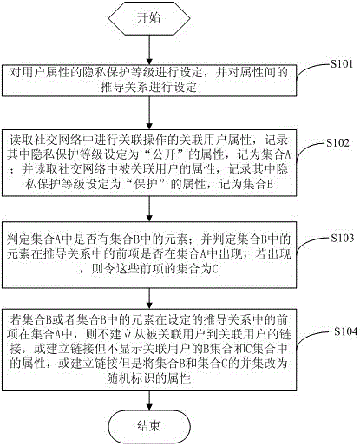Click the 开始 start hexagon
click(x=149, y=18)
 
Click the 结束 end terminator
click(x=149, y=426)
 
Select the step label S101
click(x=342, y=64)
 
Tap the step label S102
click(x=337, y=143)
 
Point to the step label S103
click(x=343, y=238)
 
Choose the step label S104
click(x=346, y=331)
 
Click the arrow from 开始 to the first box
click(x=149, y=49)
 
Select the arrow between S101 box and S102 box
click(x=149, y=113)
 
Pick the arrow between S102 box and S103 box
click(x=149, y=209)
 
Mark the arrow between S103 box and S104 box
click(x=149, y=298)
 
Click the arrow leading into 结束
click(x=149, y=401)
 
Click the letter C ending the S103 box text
click(x=215, y=269)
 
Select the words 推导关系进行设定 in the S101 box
click(x=149, y=87)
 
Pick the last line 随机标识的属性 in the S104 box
click(x=149, y=377)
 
